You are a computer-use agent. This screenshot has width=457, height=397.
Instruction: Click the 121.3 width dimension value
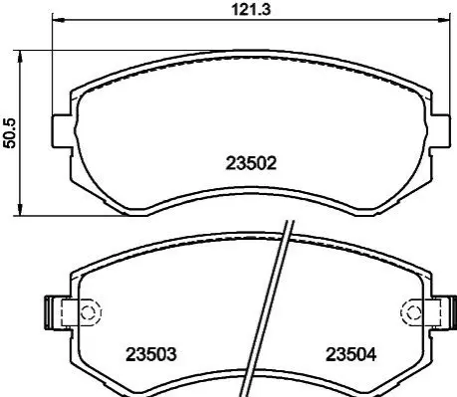click(x=251, y=10)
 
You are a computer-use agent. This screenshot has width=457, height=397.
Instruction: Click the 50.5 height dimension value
click(x=9, y=133)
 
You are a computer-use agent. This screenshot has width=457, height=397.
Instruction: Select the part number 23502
click(x=251, y=163)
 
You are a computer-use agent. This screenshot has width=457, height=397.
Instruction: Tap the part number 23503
click(x=151, y=354)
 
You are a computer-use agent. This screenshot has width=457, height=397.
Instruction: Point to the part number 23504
click(x=351, y=354)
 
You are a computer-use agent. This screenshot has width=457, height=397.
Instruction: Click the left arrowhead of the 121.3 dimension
click(x=58, y=20)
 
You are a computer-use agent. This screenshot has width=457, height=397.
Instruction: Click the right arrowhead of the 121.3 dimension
click(x=445, y=20)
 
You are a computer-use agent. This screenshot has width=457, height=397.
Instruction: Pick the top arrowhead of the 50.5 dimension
click(x=21, y=57)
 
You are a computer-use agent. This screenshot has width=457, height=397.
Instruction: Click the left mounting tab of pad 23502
click(x=62, y=130)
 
